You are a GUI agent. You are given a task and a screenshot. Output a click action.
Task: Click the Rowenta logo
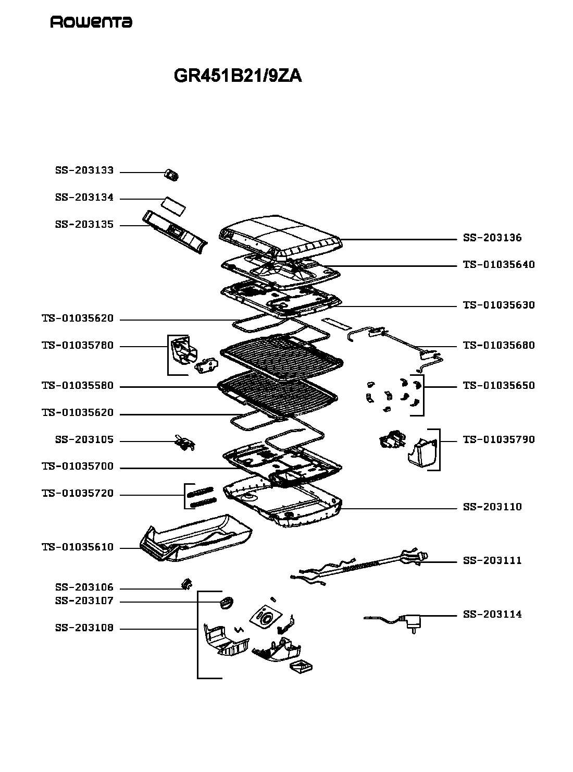pyautogui.click(x=91, y=22)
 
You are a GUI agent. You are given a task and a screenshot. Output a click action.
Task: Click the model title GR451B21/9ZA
pyautogui.click(x=238, y=76)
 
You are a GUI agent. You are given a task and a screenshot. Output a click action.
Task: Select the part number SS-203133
pyautogui.click(x=84, y=170)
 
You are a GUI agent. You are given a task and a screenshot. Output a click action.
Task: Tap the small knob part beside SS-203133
pyautogui.click(x=171, y=175)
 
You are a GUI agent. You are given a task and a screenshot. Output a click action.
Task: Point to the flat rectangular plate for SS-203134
pyautogui.click(x=175, y=206)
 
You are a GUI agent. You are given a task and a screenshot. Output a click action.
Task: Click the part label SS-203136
pyautogui.click(x=492, y=238)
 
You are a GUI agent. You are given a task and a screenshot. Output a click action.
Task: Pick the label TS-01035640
pyautogui.click(x=499, y=264)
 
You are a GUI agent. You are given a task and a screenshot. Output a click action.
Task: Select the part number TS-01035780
pyautogui.click(x=78, y=345)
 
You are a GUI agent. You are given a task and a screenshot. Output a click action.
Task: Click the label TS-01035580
pyautogui.click(x=78, y=386)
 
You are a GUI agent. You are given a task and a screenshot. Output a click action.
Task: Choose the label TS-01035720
pyautogui.click(x=78, y=493)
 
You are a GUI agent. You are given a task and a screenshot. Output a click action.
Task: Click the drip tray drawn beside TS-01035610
pyautogui.click(x=196, y=538)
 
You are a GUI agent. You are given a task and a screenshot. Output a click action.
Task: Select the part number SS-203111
pyautogui.click(x=492, y=560)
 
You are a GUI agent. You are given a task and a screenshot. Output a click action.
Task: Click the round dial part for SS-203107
pyautogui.click(x=226, y=603)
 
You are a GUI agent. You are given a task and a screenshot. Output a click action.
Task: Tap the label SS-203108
pyautogui.click(x=84, y=628)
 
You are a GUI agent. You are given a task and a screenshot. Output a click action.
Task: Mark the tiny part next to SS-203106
pyautogui.click(x=188, y=584)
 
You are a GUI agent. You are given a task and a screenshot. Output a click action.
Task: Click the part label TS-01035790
pyautogui.click(x=499, y=439)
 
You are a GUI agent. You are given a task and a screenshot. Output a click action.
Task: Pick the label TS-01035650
pyautogui.click(x=499, y=386)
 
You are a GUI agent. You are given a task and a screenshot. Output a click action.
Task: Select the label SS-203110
pyautogui.click(x=492, y=507)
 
